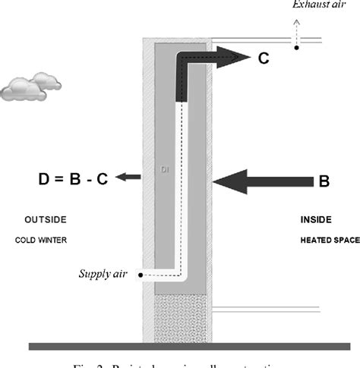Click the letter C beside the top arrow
point(263,57)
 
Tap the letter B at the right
point(324,181)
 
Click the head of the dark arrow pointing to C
point(240,57)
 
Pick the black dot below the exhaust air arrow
point(298,48)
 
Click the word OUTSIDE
point(45,220)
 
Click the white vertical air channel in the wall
point(182,190)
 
